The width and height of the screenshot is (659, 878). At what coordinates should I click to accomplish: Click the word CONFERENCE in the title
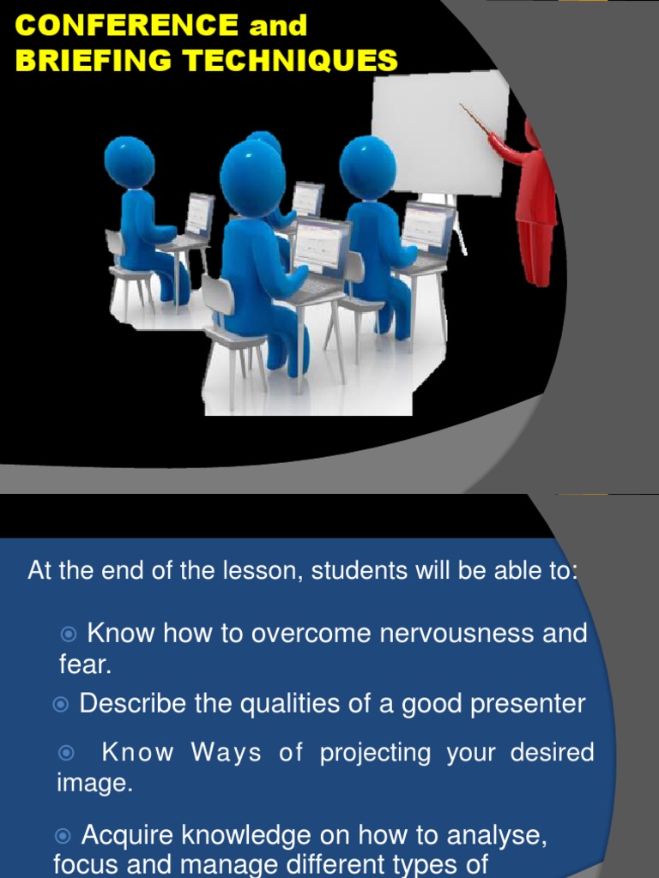[127, 26]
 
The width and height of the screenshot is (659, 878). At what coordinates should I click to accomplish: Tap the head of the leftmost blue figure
[130, 162]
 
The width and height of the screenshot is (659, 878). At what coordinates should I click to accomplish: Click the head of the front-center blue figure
[251, 178]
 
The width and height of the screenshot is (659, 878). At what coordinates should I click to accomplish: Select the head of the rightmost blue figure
[367, 165]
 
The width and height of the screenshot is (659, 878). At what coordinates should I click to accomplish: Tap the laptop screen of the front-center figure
[322, 244]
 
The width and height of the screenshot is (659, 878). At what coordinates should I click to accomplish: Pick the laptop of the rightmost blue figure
[428, 227]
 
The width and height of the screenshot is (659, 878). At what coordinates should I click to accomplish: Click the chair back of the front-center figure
[217, 296]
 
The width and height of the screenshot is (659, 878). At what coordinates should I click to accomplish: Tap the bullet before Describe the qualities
[60, 705]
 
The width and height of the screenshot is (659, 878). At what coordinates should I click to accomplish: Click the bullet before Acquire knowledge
[62, 835]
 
